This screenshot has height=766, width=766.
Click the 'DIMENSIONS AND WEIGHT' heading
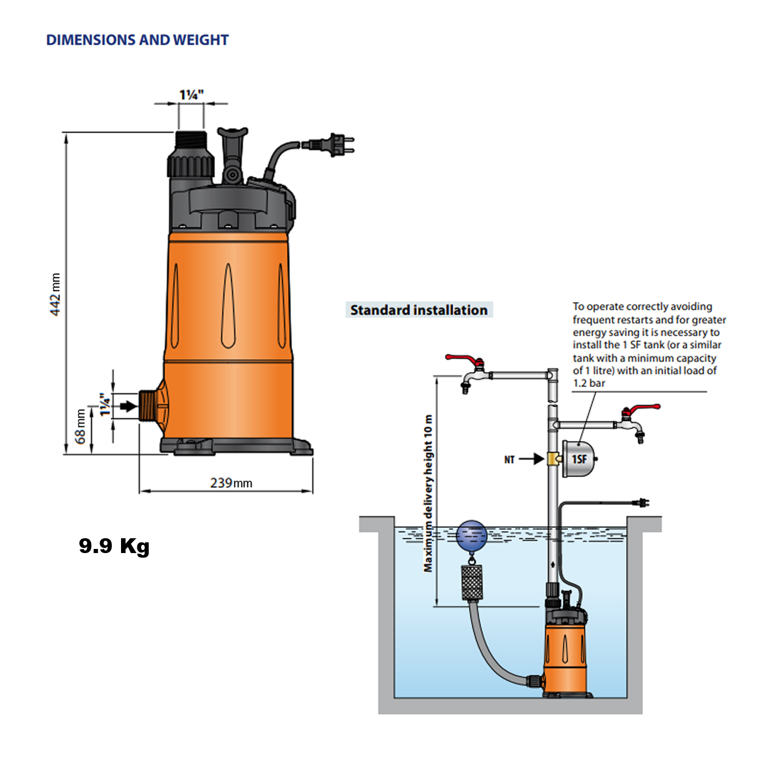click(137, 40)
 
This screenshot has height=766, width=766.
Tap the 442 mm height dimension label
click(55, 294)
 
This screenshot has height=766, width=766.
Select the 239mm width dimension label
click(231, 483)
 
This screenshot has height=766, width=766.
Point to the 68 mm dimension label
click(80, 426)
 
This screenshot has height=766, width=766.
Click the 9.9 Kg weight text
click(114, 546)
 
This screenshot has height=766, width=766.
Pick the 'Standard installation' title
click(419, 310)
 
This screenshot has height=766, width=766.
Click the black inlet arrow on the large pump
click(128, 406)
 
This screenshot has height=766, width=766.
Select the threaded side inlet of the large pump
click(148, 406)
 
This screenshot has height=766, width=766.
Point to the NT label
click(509, 460)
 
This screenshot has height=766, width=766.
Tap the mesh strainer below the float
click(472, 582)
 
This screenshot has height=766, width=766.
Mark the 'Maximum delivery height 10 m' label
click(428, 493)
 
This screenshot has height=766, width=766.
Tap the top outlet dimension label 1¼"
click(192, 95)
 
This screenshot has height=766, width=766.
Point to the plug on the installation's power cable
click(641, 503)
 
